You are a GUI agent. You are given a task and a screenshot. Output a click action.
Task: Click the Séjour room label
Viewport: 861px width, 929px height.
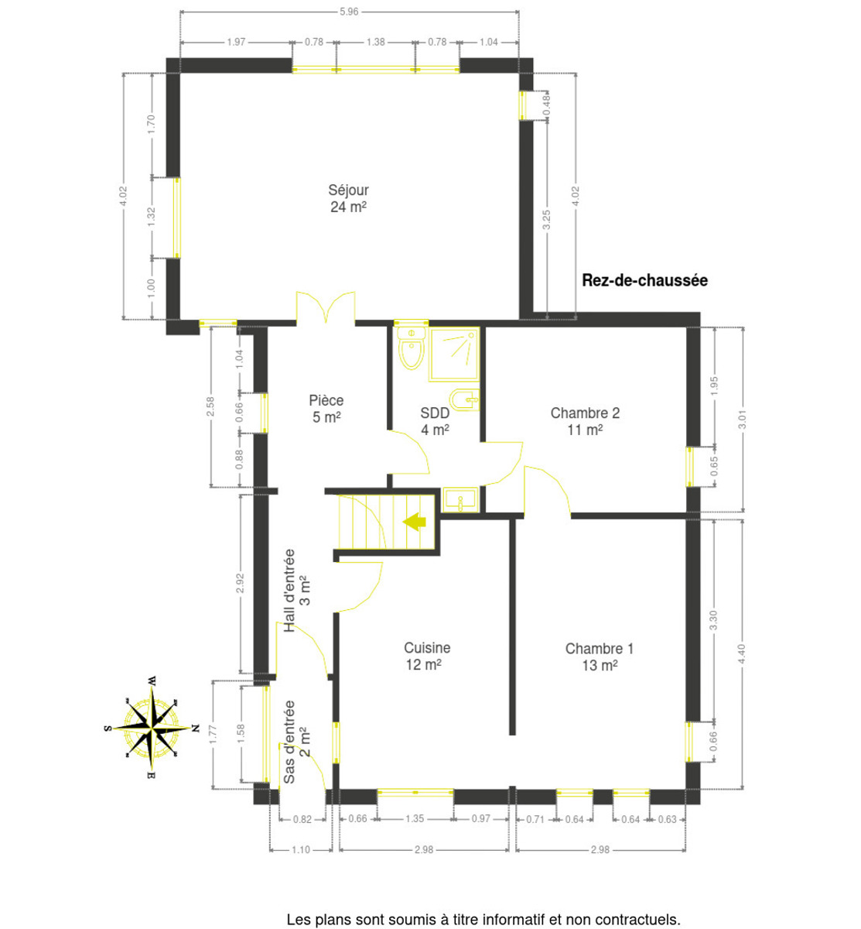point(348,198)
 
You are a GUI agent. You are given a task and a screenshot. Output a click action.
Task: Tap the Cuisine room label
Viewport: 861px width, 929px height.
point(427,656)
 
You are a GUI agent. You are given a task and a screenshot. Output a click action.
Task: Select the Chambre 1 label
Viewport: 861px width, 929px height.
point(600,656)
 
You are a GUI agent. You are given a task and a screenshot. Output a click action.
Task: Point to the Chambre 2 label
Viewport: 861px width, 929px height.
point(585,421)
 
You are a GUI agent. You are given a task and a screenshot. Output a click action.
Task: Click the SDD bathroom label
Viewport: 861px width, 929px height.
point(435,421)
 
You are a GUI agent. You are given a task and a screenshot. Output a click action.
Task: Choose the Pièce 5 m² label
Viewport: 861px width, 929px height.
point(326,408)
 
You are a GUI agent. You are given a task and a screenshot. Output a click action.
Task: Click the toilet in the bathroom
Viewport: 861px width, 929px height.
point(411,348)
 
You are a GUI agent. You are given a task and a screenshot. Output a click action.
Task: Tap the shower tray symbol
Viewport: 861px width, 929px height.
point(454,354)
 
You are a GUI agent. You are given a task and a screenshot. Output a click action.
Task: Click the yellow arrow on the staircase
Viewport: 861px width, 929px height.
point(415,521)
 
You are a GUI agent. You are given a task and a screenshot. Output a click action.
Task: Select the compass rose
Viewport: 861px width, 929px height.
point(152,728)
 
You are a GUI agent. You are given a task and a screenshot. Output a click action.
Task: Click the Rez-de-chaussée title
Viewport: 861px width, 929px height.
point(644,280)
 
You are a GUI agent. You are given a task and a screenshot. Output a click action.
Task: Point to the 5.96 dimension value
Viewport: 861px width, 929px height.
point(349,12)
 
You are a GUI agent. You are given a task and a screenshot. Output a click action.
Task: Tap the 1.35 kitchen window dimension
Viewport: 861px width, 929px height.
point(415,818)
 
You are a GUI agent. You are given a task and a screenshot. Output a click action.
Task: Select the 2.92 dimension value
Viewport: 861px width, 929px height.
point(240,583)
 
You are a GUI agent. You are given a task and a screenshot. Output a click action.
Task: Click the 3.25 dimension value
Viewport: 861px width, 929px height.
point(547,220)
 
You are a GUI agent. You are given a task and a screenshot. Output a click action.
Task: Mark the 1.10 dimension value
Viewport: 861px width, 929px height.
point(301,849)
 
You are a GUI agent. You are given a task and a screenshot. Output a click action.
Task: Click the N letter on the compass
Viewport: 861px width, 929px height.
point(196,728)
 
